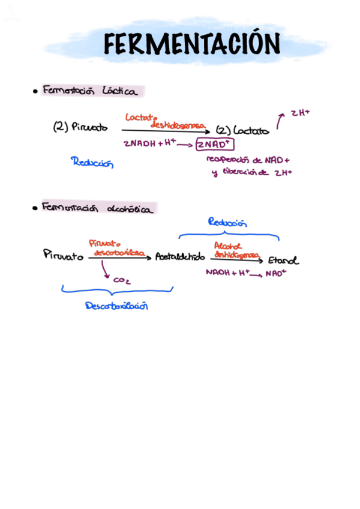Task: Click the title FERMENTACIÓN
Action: [x=191, y=44]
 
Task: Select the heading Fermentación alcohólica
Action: [x=97, y=208]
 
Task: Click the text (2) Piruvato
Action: [x=81, y=127]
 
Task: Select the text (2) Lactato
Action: [x=242, y=130]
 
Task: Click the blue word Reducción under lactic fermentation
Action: [x=92, y=162]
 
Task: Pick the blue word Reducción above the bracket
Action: [x=227, y=223]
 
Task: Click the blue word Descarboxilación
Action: [x=116, y=306]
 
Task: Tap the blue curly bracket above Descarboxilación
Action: [x=117, y=291]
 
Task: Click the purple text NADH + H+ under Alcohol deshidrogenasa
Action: [x=227, y=272]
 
